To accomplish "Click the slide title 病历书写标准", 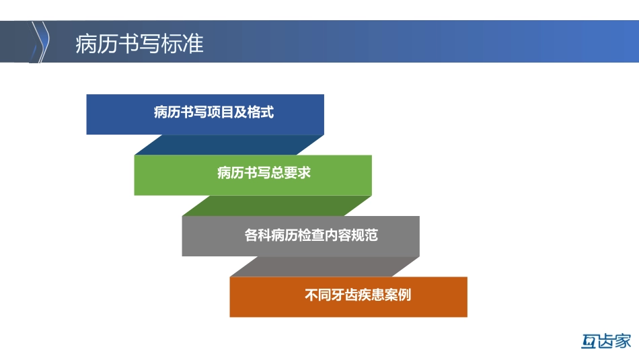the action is pyautogui.click(x=139, y=43).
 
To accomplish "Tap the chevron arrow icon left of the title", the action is pyautogui.click(x=42, y=42).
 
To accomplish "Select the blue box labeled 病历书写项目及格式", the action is pyautogui.click(x=205, y=114).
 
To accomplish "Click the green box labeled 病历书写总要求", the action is pyautogui.click(x=253, y=175).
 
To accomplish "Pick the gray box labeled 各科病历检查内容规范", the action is pyautogui.click(x=301, y=236).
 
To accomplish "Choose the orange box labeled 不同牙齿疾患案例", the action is pyautogui.click(x=348, y=297).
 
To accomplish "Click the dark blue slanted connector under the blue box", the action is pyautogui.click(x=229, y=145).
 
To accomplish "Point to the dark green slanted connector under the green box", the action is pyautogui.click(x=276, y=205).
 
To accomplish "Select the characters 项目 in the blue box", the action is pyautogui.click(x=219, y=112).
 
